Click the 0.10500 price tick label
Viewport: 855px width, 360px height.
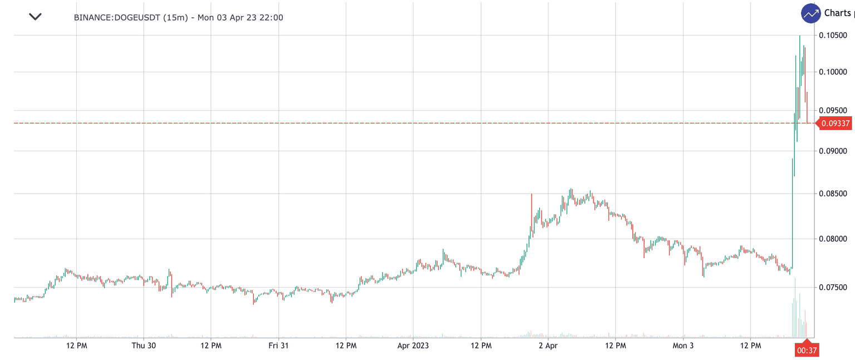coord(833,35)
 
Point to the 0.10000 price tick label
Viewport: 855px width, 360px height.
coord(833,72)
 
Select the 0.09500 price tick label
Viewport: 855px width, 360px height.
coord(833,110)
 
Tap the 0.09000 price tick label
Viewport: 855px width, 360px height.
coord(833,151)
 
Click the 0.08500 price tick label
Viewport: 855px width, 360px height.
coord(833,194)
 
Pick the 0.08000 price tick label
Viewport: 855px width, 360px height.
coord(833,239)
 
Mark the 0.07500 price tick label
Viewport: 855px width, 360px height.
coord(833,287)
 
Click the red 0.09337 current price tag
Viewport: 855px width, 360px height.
coord(835,124)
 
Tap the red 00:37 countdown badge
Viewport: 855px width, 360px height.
coord(807,350)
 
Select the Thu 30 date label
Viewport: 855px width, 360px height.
coord(144,346)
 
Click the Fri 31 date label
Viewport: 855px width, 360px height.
coord(278,346)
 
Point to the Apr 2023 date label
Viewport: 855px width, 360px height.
coord(413,346)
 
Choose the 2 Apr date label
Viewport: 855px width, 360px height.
coord(548,346)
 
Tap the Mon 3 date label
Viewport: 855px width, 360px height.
coord(683,346)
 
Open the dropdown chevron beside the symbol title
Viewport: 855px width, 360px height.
coord(35,17)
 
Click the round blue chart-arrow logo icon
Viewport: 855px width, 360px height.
coord(811,13)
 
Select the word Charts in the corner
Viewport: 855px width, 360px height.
coord(837,13)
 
